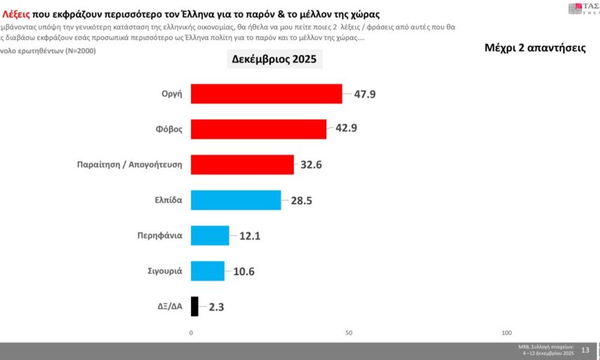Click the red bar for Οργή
click(x=266, y=93)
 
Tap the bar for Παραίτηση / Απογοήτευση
click(x=242, y=164)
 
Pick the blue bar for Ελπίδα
click(x=236, y=199)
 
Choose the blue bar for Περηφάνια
click(x=210, y=235)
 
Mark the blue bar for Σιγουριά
click(x=208, y=271)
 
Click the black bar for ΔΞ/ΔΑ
click(x=194, y=306)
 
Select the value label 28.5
click(x=302, y=200)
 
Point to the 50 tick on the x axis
click(x=349, y=332)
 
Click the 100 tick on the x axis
click(x=507, y=332)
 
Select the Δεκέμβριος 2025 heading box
click(x=274, y=60)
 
